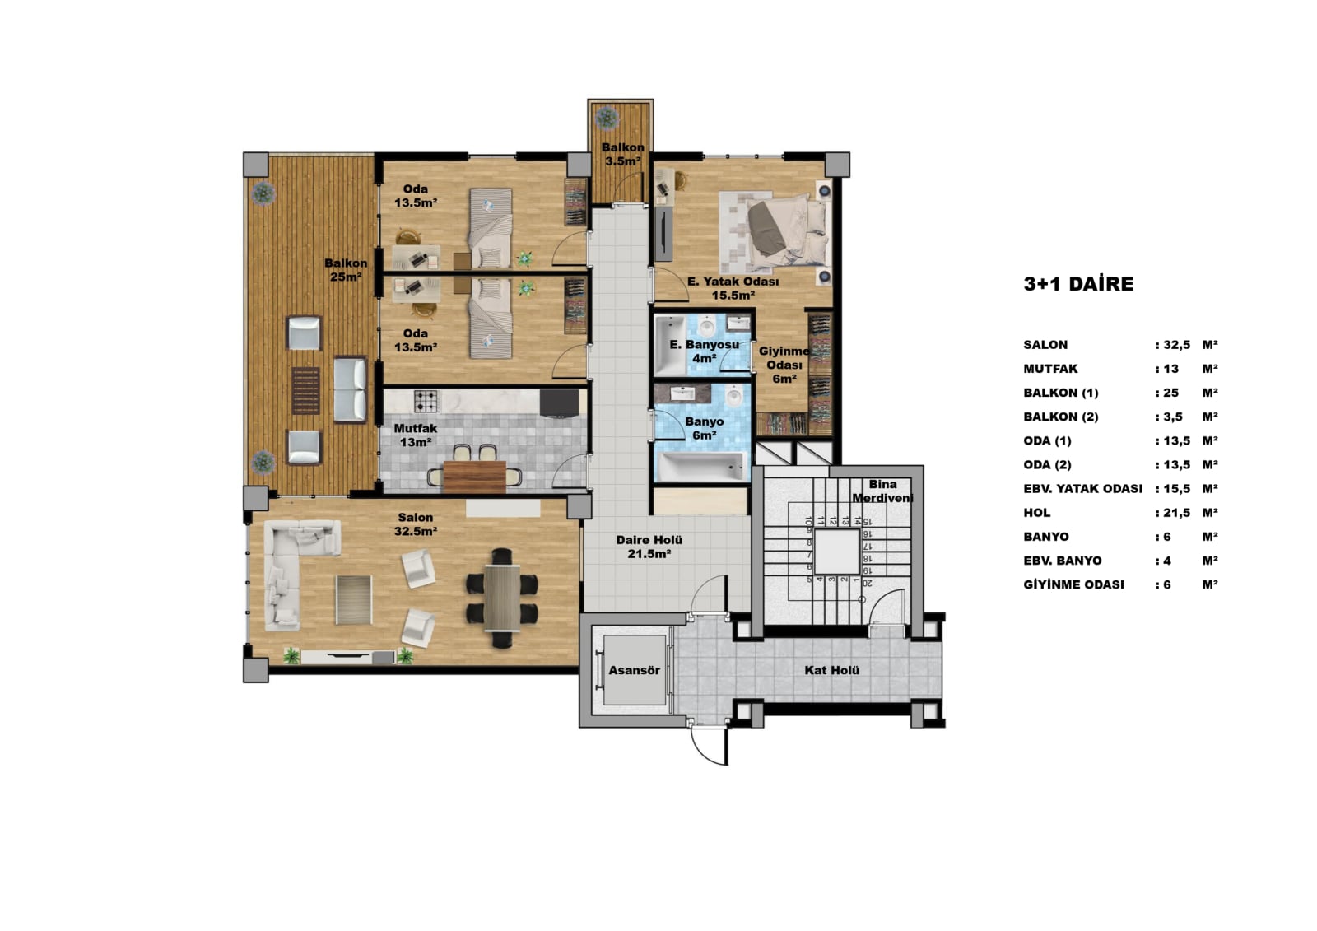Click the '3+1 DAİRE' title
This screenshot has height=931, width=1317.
1078,284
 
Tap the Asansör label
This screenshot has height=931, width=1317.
634,670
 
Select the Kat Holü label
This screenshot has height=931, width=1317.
832,670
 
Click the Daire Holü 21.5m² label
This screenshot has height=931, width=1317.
649,547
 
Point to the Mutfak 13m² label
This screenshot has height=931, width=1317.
416,435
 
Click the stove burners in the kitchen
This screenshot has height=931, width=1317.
426,401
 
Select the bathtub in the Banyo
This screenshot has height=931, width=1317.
700,467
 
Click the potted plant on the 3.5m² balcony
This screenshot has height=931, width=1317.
606,118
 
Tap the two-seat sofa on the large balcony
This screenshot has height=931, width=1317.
351,389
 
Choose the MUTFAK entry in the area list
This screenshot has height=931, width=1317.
1050,369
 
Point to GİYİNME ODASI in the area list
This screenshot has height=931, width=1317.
1073,584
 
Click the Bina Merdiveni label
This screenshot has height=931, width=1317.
882,491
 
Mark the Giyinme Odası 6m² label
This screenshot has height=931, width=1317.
784,365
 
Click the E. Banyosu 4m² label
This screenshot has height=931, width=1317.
705,351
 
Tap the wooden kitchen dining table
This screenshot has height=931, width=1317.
474,477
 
